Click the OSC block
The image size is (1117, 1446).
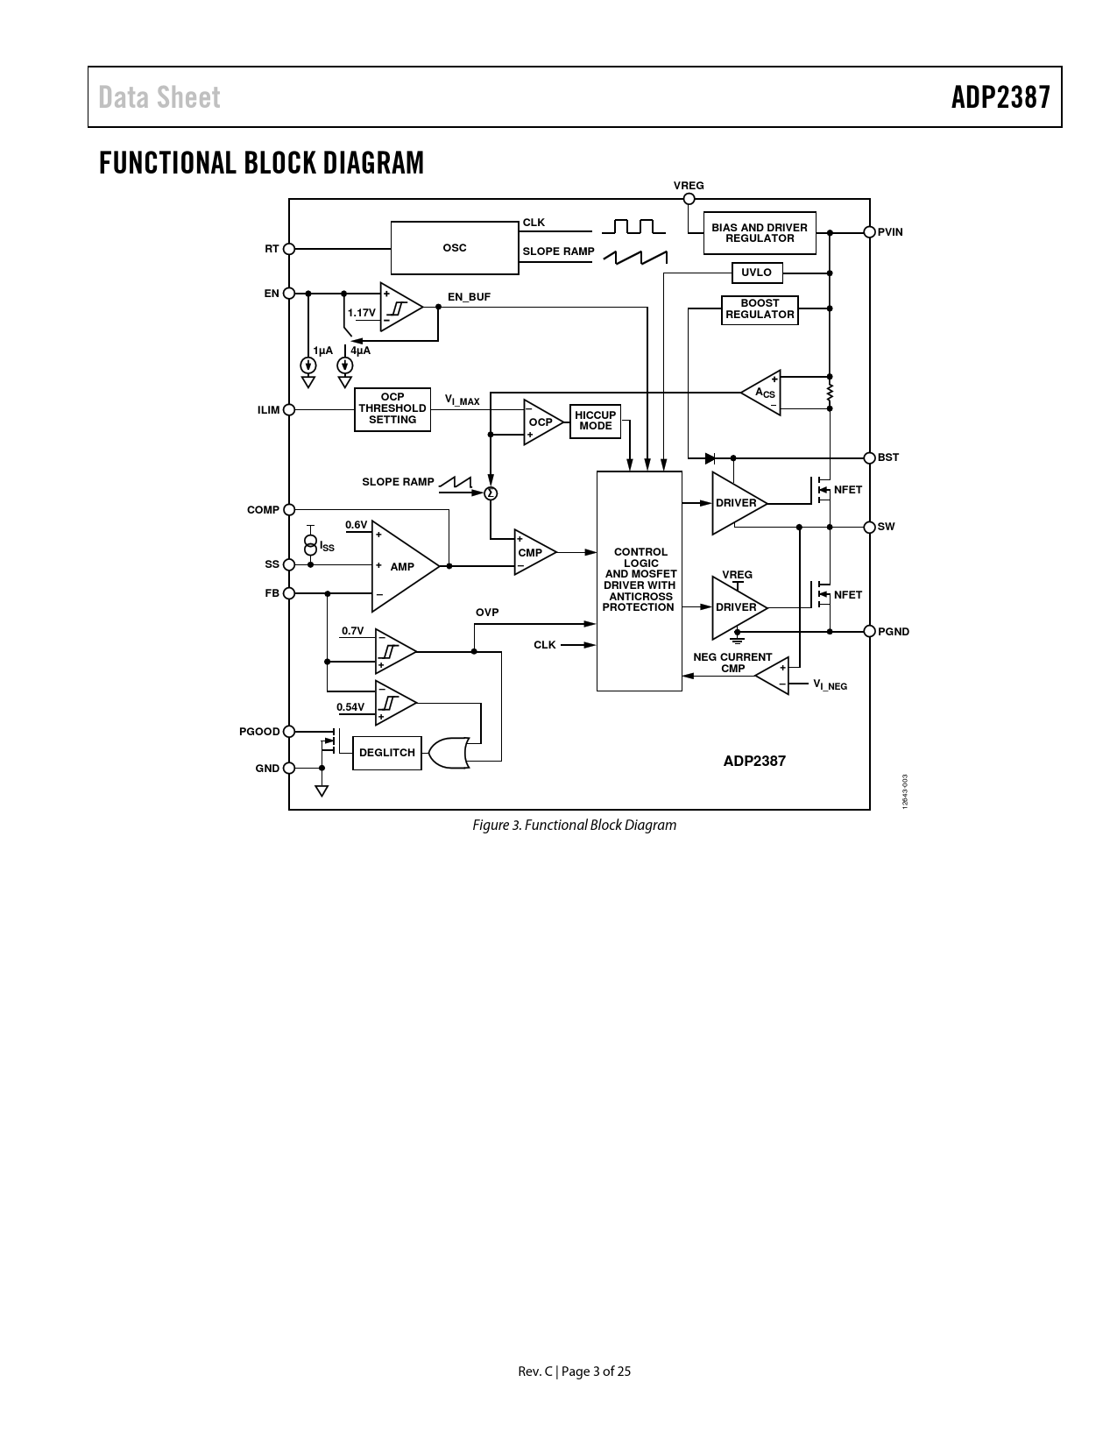point(455,247)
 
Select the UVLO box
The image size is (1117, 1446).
point(756,273)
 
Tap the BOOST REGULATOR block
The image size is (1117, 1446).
point(760,309)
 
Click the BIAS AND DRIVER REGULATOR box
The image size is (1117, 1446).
point(760,233)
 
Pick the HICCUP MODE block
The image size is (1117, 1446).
point(596,421)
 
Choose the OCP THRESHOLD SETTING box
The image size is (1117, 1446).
point(392,409)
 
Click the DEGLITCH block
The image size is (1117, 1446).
point(387,753)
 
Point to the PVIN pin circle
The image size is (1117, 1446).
point(870,232)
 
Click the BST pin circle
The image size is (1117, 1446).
point(870,457)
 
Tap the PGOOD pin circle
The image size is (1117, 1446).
point(289,731)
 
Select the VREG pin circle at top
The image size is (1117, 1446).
point(689,199)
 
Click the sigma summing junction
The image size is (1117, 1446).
point(491,493)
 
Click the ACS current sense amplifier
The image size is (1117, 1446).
point(761,393)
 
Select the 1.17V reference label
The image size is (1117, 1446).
point(361,313)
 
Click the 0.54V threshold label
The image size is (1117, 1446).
point(350,706)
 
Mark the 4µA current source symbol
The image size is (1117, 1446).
point(344,365)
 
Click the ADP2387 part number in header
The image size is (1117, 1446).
point(1000,97)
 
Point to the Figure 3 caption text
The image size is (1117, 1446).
point(574,826)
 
